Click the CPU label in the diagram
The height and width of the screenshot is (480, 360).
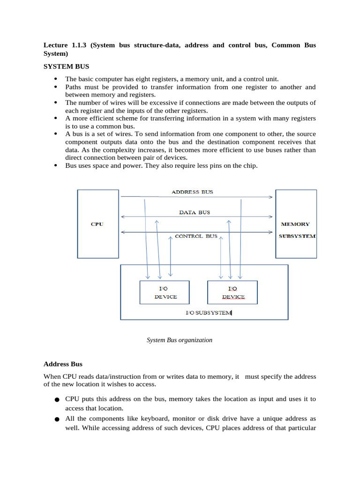click(97, 224)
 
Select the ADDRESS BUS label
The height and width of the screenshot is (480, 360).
click(192, 192)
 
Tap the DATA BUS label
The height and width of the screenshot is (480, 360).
click(195, 212)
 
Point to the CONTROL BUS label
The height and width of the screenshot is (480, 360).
click(196, 236)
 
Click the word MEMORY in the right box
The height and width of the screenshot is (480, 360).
click(295, 224)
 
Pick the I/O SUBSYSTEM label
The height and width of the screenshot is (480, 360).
click(209, 313)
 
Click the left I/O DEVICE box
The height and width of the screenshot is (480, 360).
click(165, 292)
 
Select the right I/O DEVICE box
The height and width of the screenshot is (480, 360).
click(232, 292)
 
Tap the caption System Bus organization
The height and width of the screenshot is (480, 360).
click(180, 340)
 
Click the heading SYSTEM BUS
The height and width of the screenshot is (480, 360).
click(66, 67)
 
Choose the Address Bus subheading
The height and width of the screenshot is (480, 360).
click(63, 364)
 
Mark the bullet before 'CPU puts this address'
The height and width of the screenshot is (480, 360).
click(56, 400)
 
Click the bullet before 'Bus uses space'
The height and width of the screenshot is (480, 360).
click(56, 165)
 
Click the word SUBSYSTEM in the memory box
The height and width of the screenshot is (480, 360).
click(297, 236)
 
